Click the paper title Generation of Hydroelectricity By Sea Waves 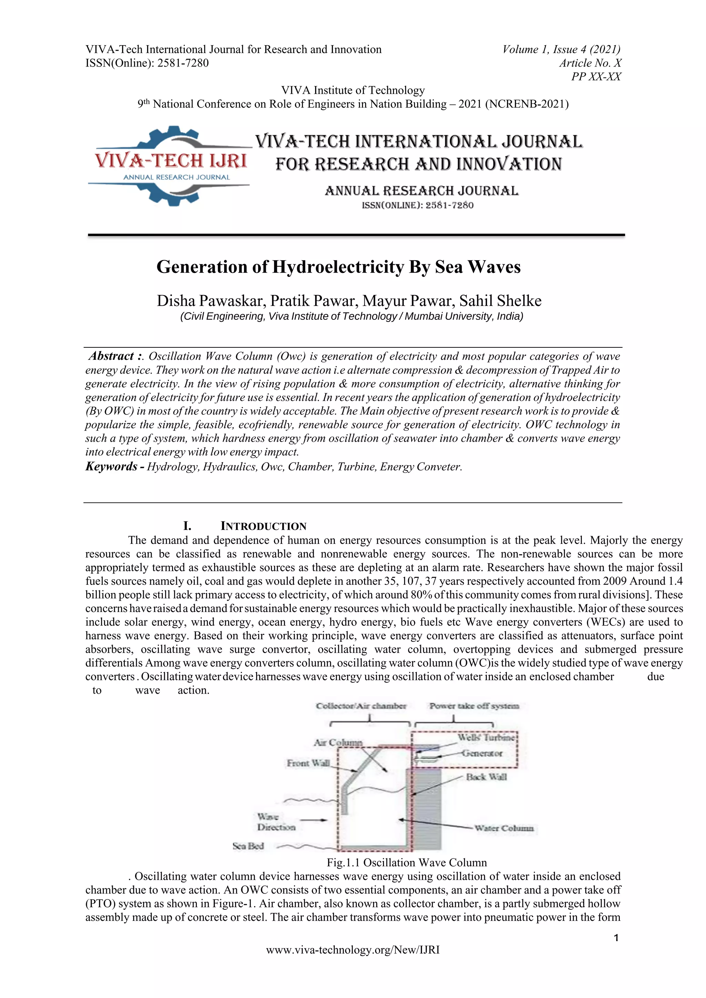pos(338,267)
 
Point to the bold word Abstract pos(111,356)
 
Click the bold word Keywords pos(111,466)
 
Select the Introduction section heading pos(263,526)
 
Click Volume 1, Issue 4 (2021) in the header pos(561,50)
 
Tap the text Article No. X pos(590,63)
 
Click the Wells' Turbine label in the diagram pos(486,737)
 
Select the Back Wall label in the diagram pos(486,777)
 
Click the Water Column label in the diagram pos(503,828)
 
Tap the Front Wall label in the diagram pos(308,763)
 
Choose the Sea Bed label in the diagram pos(248,846)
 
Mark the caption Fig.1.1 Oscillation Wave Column pos(406,862)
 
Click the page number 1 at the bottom pos(616,938)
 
